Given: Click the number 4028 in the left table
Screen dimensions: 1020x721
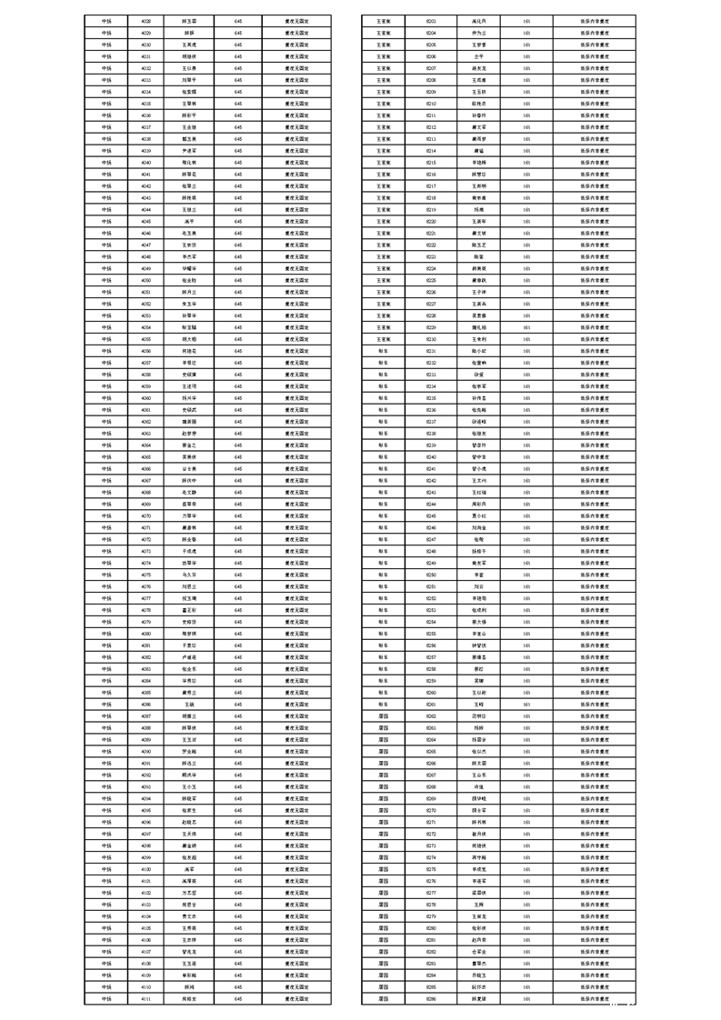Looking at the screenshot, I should (x=146, y=20).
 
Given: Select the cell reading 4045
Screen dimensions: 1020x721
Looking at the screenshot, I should (x=146, y=221).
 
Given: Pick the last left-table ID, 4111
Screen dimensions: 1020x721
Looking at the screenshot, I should (x=146, y=998).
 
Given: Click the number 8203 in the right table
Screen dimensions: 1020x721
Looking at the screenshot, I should (x=431, y=20).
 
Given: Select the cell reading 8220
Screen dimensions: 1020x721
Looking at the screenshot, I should (x=431, y=221).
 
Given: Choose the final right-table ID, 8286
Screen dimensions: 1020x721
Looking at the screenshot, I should (x=431, y=998).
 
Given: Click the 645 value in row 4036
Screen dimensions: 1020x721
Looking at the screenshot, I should (x=238, y=115).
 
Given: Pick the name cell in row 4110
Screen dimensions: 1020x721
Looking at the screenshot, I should (x=190, y=986).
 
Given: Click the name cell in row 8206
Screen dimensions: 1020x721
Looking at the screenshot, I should (x=479, y=55).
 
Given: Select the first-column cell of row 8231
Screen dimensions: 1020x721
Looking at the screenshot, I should (x=383, y=350).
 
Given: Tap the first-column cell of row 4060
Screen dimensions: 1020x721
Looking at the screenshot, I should (x=106, y=397).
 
